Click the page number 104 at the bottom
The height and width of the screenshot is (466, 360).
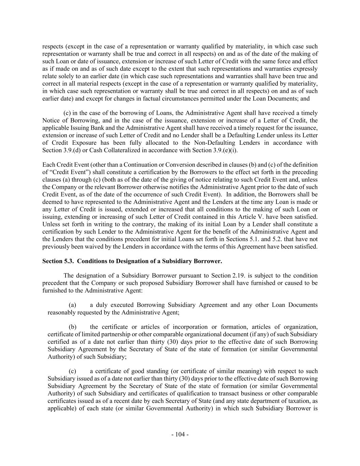(180, 435)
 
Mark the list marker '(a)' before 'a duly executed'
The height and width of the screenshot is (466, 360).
(72, 305)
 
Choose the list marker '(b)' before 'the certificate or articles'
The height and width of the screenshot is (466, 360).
(72, 327)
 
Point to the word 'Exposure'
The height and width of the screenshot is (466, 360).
(85, 143)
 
